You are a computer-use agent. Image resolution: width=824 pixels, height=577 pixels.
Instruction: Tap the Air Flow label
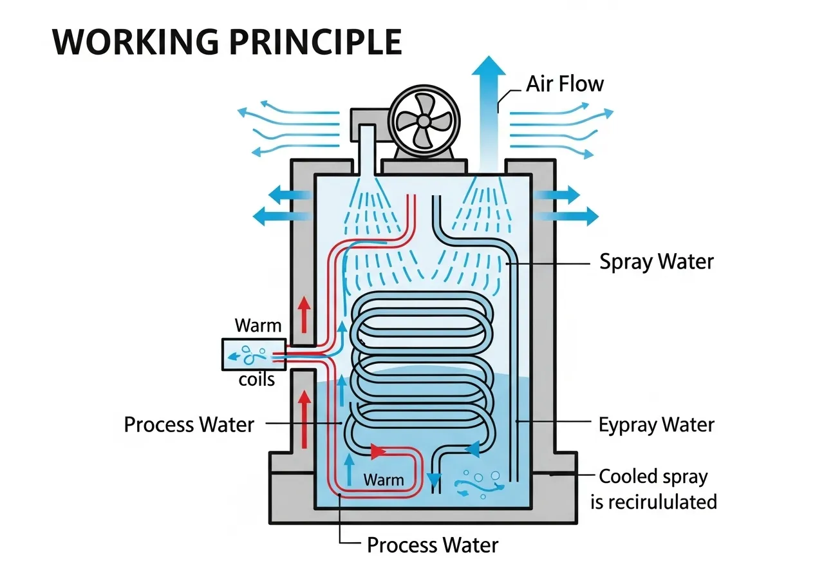click(x=565, y=84)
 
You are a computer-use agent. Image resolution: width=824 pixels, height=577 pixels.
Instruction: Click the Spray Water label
click(x=657, y=262)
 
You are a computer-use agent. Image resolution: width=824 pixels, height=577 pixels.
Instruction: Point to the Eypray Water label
click(x=656, y=425)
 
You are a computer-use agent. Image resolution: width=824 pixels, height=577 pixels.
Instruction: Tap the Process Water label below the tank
click(x=432, y=545)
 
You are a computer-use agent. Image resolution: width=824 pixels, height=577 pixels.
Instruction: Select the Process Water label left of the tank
click(x=189, y=425)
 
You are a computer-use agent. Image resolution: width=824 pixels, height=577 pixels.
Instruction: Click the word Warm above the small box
click(x=258, y=325)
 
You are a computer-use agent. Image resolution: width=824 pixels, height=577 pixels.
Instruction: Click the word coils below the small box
click(x=257, y=379)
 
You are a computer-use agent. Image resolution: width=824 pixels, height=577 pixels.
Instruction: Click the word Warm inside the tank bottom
click(x=384, y=480)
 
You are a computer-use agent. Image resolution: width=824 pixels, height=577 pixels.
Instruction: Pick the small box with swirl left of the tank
click(x=247, y=354)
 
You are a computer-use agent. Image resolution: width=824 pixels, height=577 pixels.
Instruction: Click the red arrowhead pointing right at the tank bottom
click(x=379, y=452)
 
